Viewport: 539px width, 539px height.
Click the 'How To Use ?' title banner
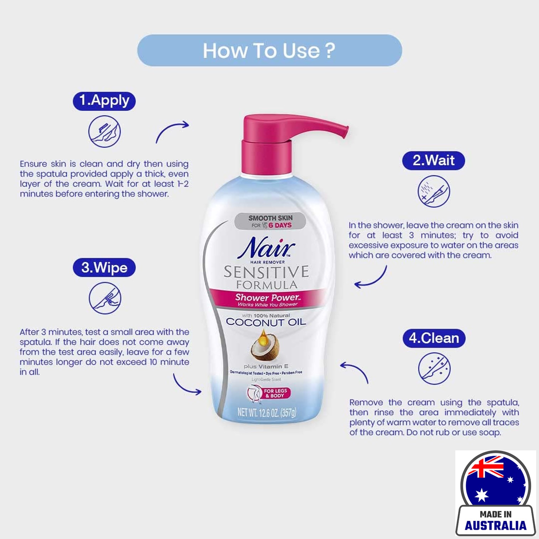pyautogui.click(x=269, y=50)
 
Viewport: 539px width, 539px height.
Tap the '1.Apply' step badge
pyautogui.click(x=104, y=101)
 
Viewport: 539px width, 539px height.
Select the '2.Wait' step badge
pyautogui.click(x=433, y=160)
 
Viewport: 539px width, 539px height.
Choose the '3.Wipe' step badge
pyautogui.click(x=104, y=267)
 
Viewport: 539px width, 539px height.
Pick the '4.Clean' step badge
pyautogui.click(x=434, y=338)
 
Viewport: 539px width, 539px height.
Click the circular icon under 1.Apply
pyautogui.click(x=104, y=131)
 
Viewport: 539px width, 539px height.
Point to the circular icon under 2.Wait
pyautogui.click(x=434, y=191)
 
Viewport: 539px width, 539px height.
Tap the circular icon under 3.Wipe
pyautogui.click(x=105, y=298)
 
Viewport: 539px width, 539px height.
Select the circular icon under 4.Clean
pyautogui.click(x=434, y=368)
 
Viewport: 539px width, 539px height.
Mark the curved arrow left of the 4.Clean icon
pyautogui.click(x=355, y=371)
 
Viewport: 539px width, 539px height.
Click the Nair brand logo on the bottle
pyautogui.click(x=266, y=247)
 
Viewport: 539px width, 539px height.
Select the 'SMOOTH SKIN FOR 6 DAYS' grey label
pyautogui.click(x=270, y=221)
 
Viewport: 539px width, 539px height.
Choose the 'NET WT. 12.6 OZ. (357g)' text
pyautogui.click(x=267, y=413)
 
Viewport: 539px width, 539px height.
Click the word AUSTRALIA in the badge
pyautogui.click(x=495, y=525)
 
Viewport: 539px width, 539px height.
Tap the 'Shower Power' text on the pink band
pyautogui.click(x=267, y=297)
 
